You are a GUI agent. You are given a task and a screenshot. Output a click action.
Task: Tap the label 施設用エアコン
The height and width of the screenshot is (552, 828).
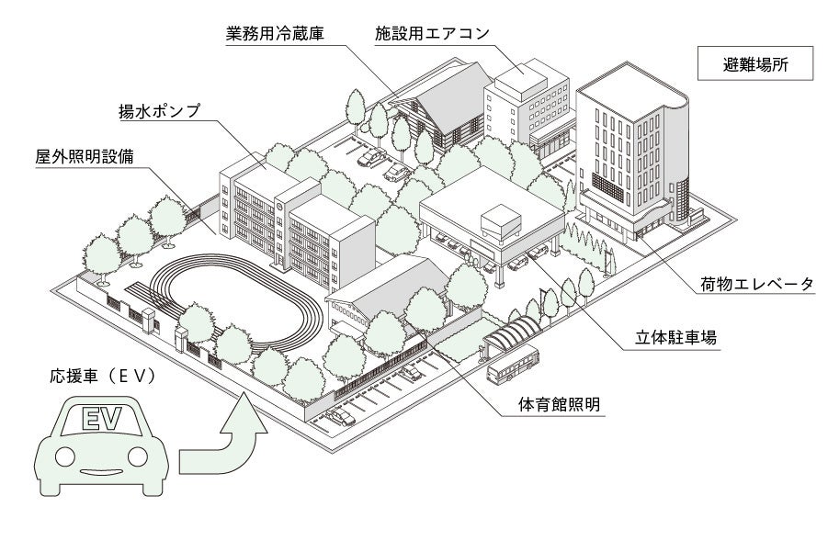tap(432, 34)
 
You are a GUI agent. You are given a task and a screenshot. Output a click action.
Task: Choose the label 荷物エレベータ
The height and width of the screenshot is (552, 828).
tap(756, 284)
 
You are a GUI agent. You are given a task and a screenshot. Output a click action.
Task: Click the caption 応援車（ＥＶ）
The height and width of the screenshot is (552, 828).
tap(101, 377)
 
